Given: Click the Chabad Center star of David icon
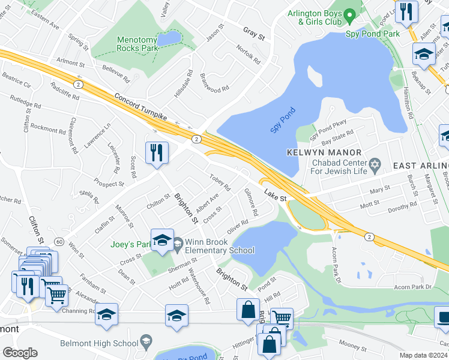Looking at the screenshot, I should [x=375, y=164].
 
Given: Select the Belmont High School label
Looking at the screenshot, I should [x=98, y=344].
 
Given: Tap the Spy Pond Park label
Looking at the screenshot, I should [x=373, y=34].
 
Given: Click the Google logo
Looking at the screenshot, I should [x=20, y=353].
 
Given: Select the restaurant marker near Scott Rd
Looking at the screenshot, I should [x=155, y=152].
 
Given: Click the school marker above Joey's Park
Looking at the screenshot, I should [x=162, y=240].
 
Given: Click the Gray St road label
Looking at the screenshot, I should [x=254, y=33].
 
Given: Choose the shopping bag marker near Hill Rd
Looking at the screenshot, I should [x=248, y=310].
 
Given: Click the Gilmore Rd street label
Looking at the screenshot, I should [x=251, y=202].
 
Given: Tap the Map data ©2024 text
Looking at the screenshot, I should [x=424, y=355].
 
